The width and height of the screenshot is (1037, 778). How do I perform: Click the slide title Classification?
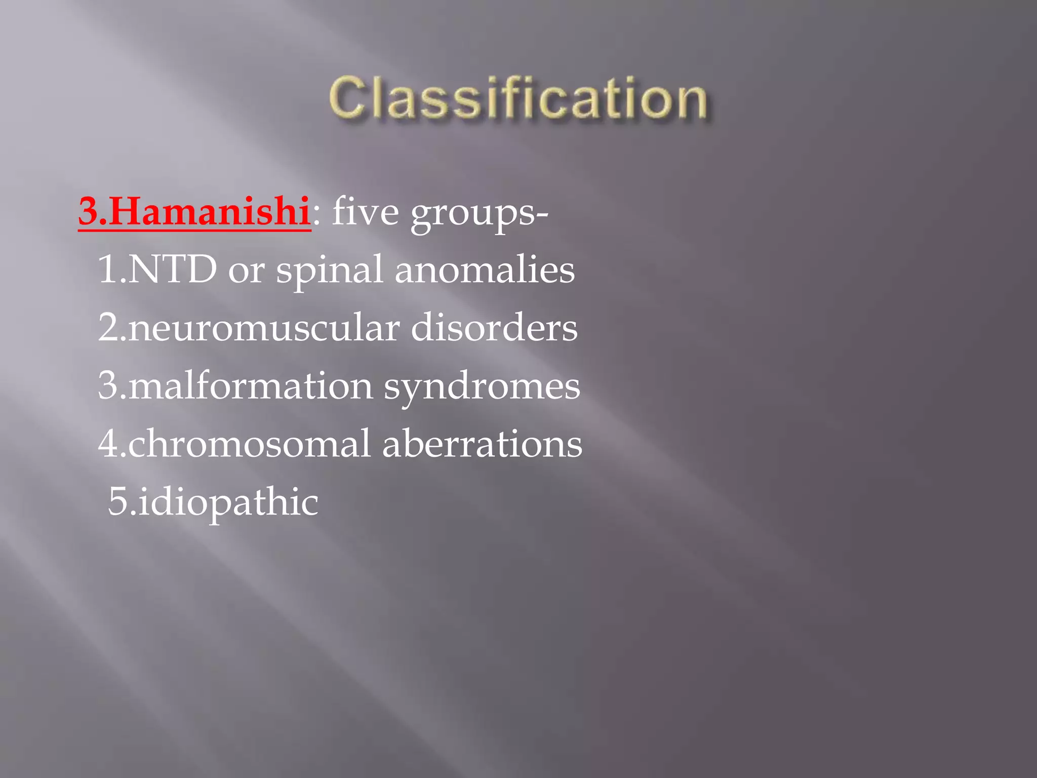[517, 99]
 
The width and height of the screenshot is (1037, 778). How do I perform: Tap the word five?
[365, 212]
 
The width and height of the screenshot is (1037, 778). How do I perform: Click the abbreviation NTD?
[172, 269]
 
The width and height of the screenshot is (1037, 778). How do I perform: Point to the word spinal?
[329, 271]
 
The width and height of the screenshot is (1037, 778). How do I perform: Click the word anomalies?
[485, 269]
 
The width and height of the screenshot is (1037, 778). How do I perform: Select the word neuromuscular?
[263, 328]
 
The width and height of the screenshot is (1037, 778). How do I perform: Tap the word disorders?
[494, 328]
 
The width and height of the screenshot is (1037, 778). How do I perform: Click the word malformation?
[251, 385]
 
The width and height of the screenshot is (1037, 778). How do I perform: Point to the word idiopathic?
[228, 503]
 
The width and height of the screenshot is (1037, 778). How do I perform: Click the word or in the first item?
[246, 271]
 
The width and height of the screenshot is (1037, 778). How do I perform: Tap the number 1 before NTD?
[107, 269]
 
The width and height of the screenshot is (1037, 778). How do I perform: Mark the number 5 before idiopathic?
[118, 502]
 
